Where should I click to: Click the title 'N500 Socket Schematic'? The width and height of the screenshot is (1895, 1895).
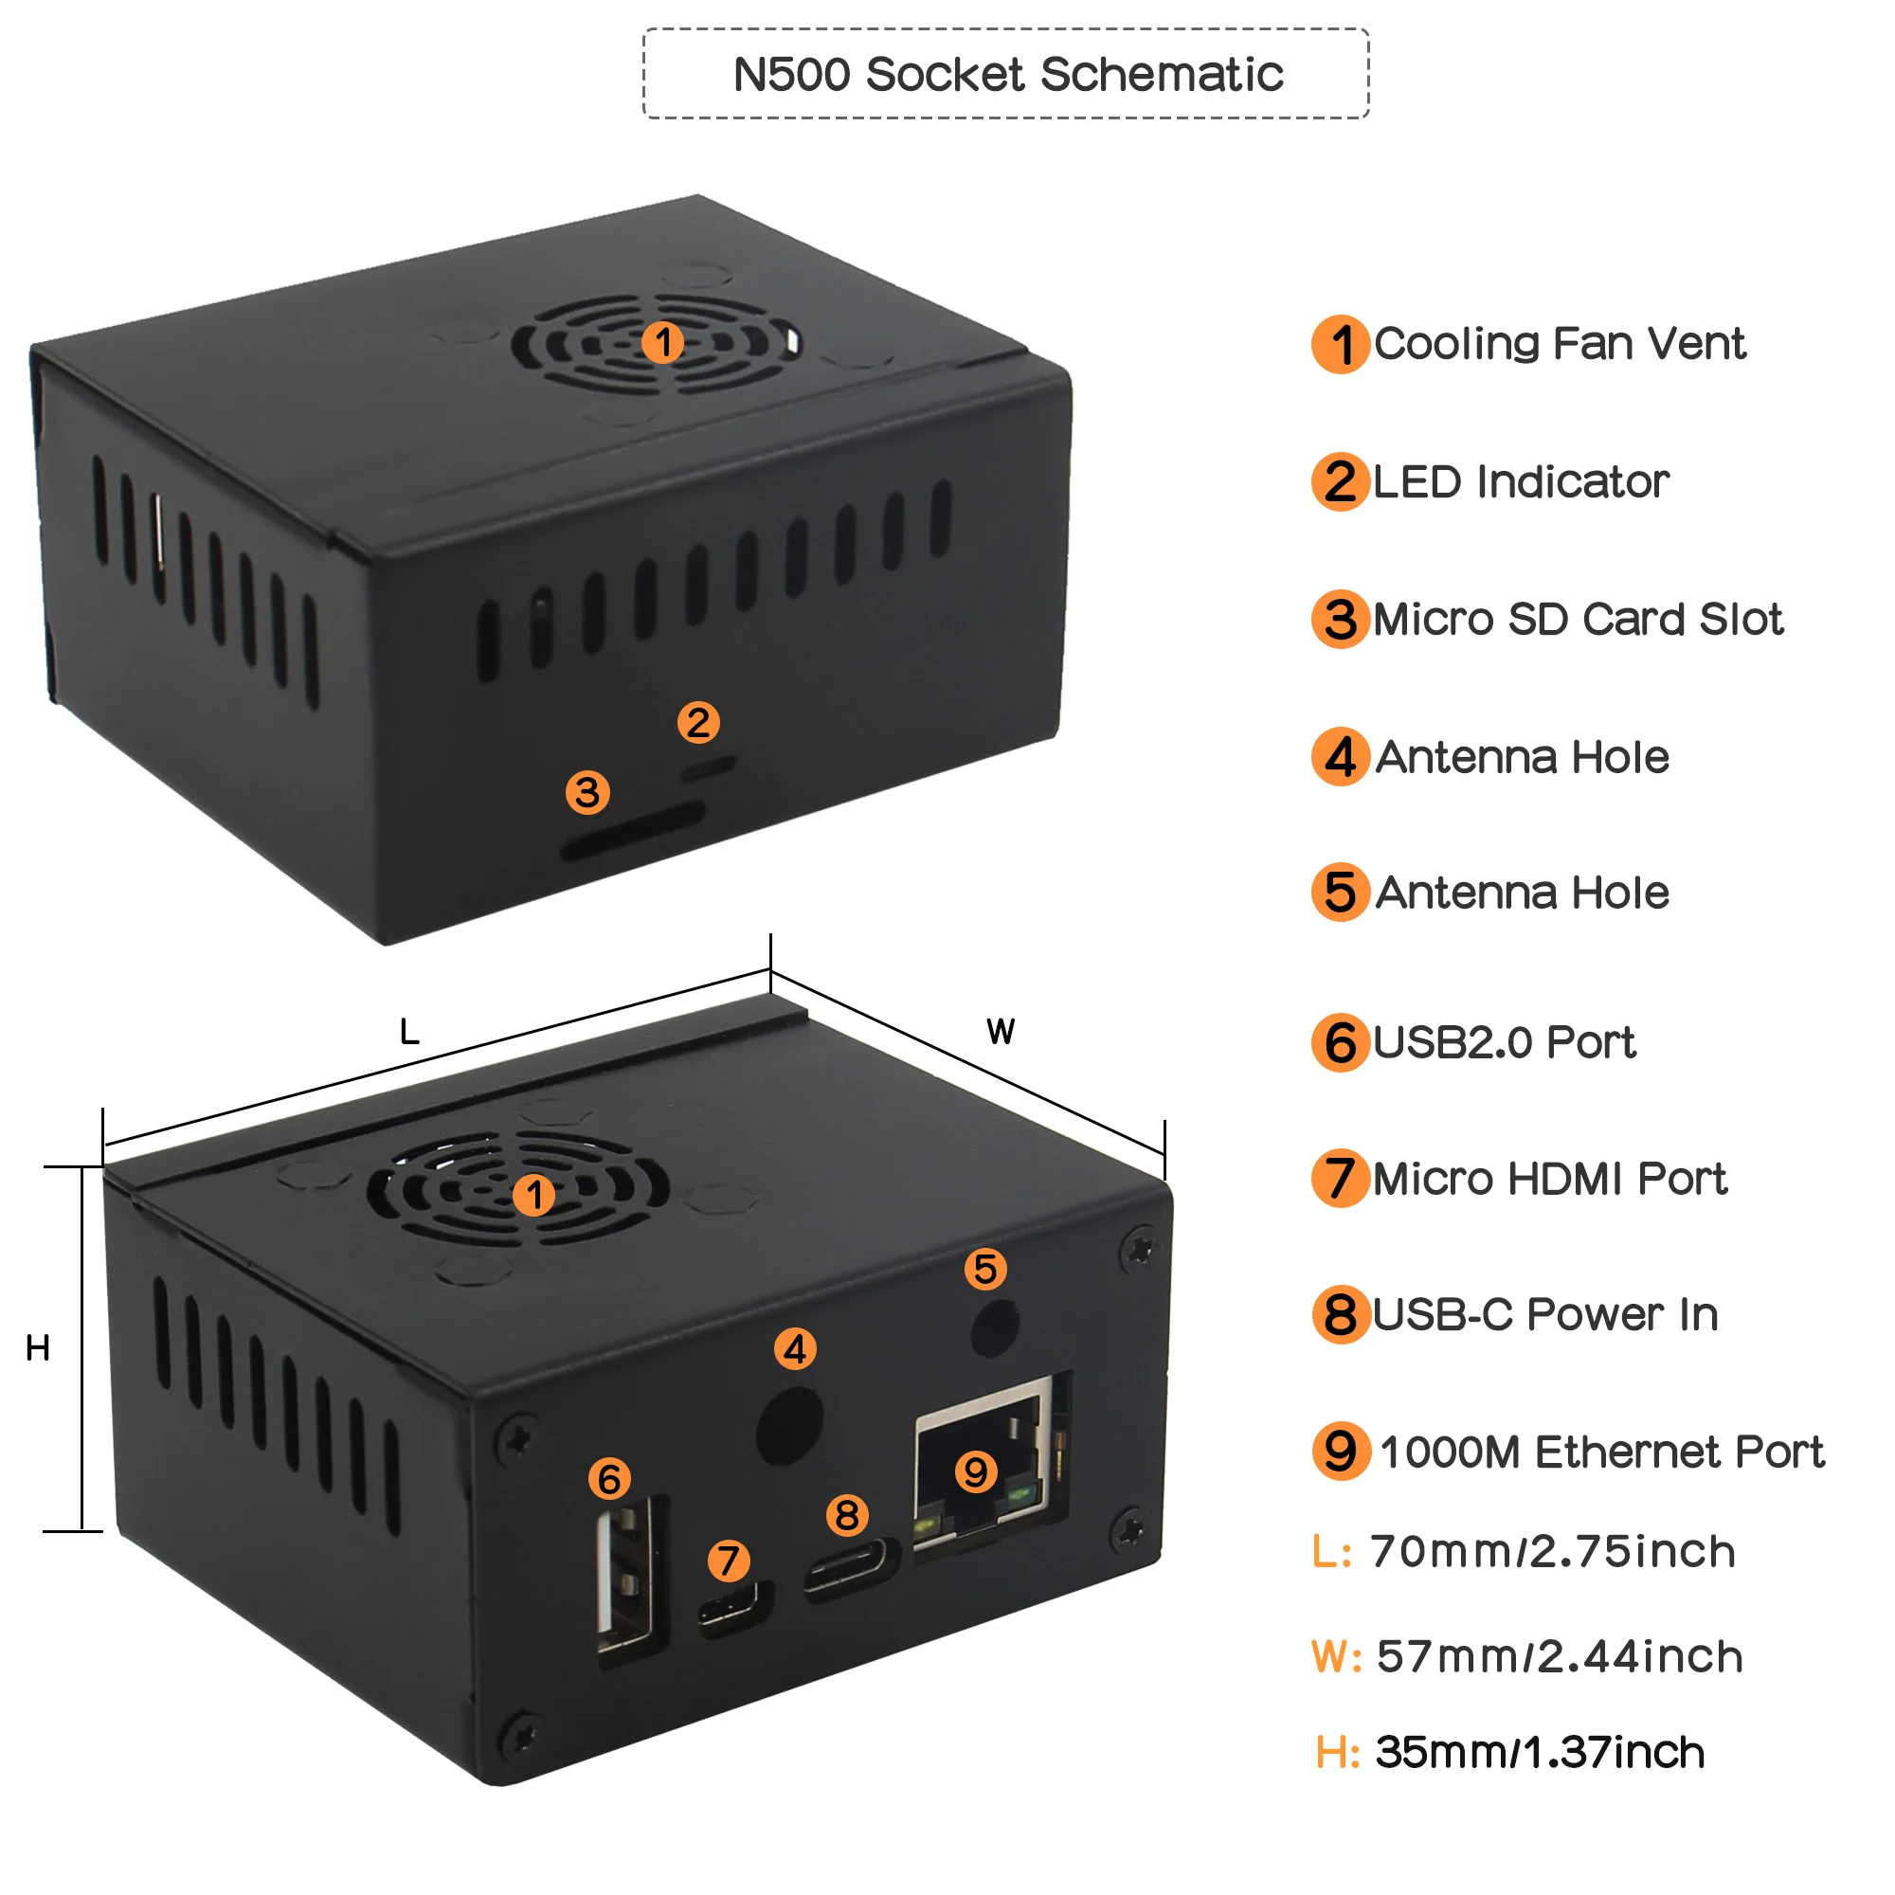[x=1007, y=75]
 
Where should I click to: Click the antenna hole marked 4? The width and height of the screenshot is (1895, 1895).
[x=789, y=1423]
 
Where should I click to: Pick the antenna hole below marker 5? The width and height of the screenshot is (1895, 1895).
[x=995, y=1327]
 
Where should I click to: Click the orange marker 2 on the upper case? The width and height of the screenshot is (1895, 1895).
[x=698, y=723]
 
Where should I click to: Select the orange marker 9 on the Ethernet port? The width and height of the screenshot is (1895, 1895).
[x=976, y=1471]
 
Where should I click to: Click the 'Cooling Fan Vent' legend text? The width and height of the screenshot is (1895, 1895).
[x=1560, y=344]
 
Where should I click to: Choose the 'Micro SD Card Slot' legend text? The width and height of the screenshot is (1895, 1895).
[x=1578, y=620]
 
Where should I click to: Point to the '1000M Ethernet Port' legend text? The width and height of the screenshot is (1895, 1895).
[x=1601, y=1452]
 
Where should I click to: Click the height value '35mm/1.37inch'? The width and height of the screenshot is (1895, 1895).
[x=1540, y=1753]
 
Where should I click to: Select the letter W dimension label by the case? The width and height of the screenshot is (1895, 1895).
[x=1001, y=1032]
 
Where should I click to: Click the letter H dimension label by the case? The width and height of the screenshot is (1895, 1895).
[x=37, y=1348]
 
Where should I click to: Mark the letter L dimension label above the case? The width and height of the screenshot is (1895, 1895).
[x=409, y=1032]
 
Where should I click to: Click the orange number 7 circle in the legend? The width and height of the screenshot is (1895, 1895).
[x=1340, y=1178]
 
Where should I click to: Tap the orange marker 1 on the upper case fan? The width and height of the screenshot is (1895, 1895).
[x=663, y=342]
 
